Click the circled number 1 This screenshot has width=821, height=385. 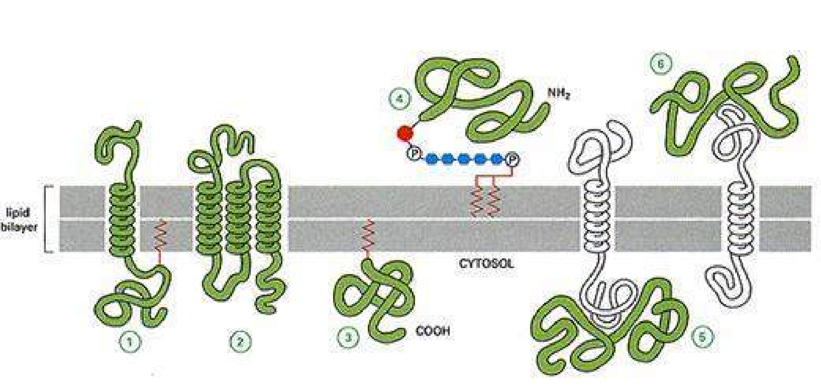coord(130,342)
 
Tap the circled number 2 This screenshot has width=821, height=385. coord(240,342)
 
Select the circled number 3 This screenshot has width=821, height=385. coord(348,337)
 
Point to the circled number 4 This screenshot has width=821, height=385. coord(400,98)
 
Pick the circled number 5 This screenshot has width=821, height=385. coord(702,337)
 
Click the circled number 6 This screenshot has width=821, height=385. coord(660,64)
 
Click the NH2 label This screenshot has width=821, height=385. coord(559,94)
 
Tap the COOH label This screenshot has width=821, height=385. coord(433,331)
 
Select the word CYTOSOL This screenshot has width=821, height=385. coord(486,264)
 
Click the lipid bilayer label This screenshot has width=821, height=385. coord(19,220)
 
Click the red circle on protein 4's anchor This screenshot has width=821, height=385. coord(404,134)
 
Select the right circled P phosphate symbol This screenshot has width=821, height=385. coord(512,160)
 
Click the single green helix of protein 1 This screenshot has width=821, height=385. coord(122,218)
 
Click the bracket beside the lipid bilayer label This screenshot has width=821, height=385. coord(47,219)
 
